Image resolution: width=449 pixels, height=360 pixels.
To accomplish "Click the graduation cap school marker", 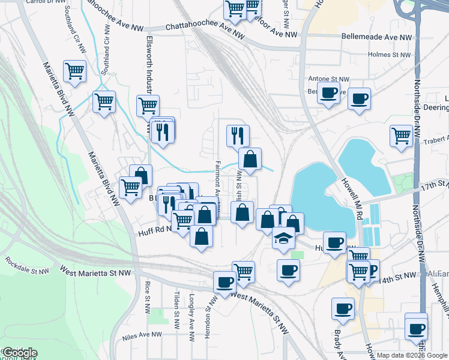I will coord(284,238).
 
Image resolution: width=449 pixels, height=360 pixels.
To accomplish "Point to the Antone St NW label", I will coord(328,79).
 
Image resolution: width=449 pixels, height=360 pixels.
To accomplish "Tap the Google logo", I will coord(19,353).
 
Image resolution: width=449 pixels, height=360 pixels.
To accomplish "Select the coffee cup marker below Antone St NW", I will coord(328,93).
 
